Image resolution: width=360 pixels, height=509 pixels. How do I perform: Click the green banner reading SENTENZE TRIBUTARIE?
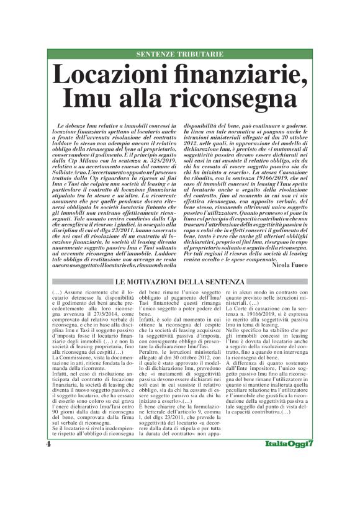[x=179, y=55]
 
